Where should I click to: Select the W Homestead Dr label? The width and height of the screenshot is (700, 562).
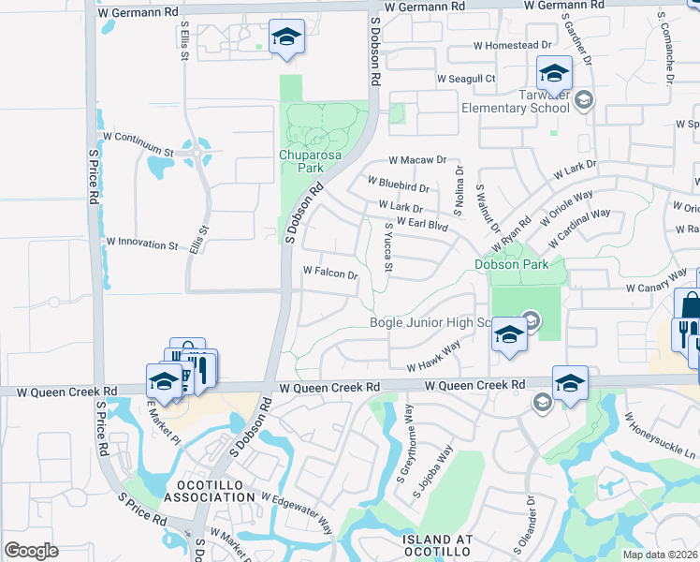512,45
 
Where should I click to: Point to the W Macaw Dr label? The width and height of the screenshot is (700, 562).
417,160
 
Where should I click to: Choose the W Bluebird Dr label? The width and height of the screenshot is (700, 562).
398,185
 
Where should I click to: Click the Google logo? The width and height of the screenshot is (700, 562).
31,551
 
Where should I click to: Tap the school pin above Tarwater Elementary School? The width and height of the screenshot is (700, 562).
554,72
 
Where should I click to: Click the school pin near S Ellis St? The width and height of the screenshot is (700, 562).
286,37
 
